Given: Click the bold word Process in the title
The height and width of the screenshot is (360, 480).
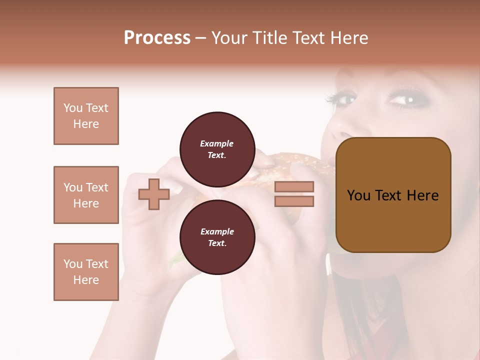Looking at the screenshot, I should [157, 38].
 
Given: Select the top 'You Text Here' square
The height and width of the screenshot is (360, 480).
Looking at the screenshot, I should [86, 116].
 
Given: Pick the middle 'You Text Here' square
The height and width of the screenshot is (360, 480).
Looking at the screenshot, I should [86, 195].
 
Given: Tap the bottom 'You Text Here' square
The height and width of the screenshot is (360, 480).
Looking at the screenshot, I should [86, 272].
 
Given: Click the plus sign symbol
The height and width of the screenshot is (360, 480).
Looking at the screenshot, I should [154, 194].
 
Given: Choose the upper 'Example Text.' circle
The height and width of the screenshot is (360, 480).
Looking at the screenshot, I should [217, 149].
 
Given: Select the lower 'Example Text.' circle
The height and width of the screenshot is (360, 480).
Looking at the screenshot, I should [217, 237].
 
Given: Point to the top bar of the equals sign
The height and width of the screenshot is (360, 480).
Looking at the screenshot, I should [294, 186].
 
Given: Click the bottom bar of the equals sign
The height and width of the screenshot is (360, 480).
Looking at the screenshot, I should [294, 201].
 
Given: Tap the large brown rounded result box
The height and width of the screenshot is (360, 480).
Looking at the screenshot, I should [393, 195].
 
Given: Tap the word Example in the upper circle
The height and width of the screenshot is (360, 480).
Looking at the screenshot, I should [216, 143].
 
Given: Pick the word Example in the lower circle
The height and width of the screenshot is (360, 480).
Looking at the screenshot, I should [217, 231].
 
